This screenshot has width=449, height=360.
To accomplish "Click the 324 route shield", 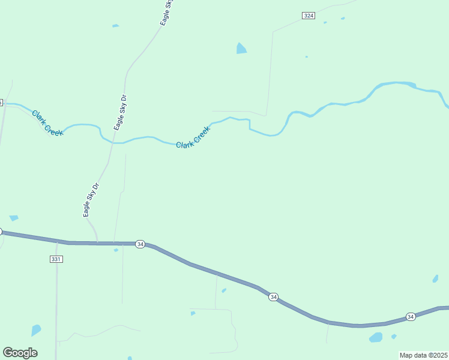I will click(309, 15).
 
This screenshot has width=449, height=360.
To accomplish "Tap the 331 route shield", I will click(56, 259).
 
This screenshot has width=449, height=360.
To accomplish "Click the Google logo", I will click(20, 353).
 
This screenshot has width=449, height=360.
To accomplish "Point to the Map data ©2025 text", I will click(423, 355).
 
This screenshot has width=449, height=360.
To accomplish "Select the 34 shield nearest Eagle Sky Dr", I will click(140, 244).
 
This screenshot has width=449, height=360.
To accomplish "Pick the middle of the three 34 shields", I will click(273, 297).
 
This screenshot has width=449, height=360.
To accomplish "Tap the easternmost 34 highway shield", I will click(411, 316).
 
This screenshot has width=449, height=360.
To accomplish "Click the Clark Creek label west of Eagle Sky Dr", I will click(47, 122).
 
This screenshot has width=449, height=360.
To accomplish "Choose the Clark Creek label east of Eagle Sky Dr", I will click(193, 137).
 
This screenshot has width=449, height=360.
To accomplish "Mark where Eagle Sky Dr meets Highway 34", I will click(97, 243).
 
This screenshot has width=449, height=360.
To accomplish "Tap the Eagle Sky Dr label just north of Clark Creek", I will click(120, 112).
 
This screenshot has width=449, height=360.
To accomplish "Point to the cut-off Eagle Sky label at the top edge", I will click(167, 12).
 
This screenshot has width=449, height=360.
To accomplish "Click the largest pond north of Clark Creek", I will click(241, 49).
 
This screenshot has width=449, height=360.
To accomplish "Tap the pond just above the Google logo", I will click(36, 330).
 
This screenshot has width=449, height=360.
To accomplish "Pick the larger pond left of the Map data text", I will click(376, 337).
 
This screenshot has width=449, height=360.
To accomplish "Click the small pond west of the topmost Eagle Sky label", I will click(115, 26).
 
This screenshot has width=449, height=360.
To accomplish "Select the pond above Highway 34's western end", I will click(13, 218).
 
